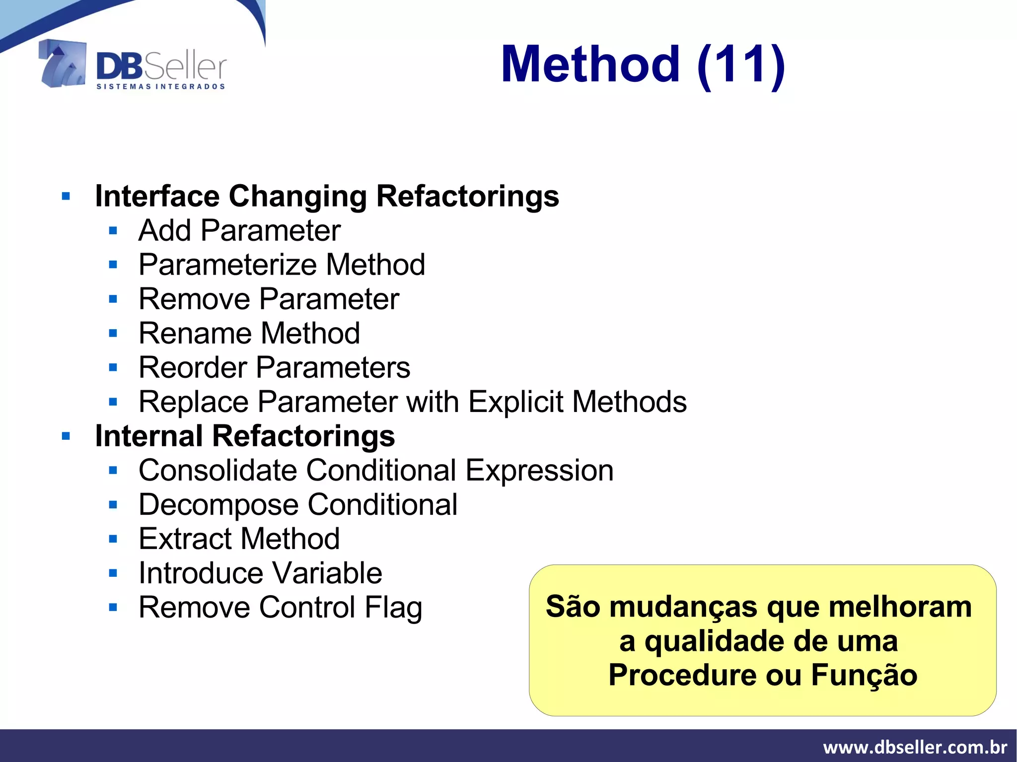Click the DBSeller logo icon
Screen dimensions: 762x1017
click(63, 65)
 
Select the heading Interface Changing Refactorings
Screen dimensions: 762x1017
click(327, 196)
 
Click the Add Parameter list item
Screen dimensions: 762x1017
click(239, 231)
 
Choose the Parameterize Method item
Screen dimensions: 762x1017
click(282, 265)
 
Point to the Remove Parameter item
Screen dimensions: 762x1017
click(269, 299)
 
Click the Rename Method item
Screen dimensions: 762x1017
click(249, 333)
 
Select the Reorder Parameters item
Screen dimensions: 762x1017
click(274, 368)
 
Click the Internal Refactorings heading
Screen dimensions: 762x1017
click(245, 436)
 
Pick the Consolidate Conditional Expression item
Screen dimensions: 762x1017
click(376, 470)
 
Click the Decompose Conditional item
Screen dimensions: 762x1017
click(298, 505)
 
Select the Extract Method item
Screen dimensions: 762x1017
click(239, 539)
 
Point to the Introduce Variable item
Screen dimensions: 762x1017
click(260, 573)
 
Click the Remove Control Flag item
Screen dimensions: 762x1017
click(281, 608)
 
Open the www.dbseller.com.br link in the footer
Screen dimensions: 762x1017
click(915, 747)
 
